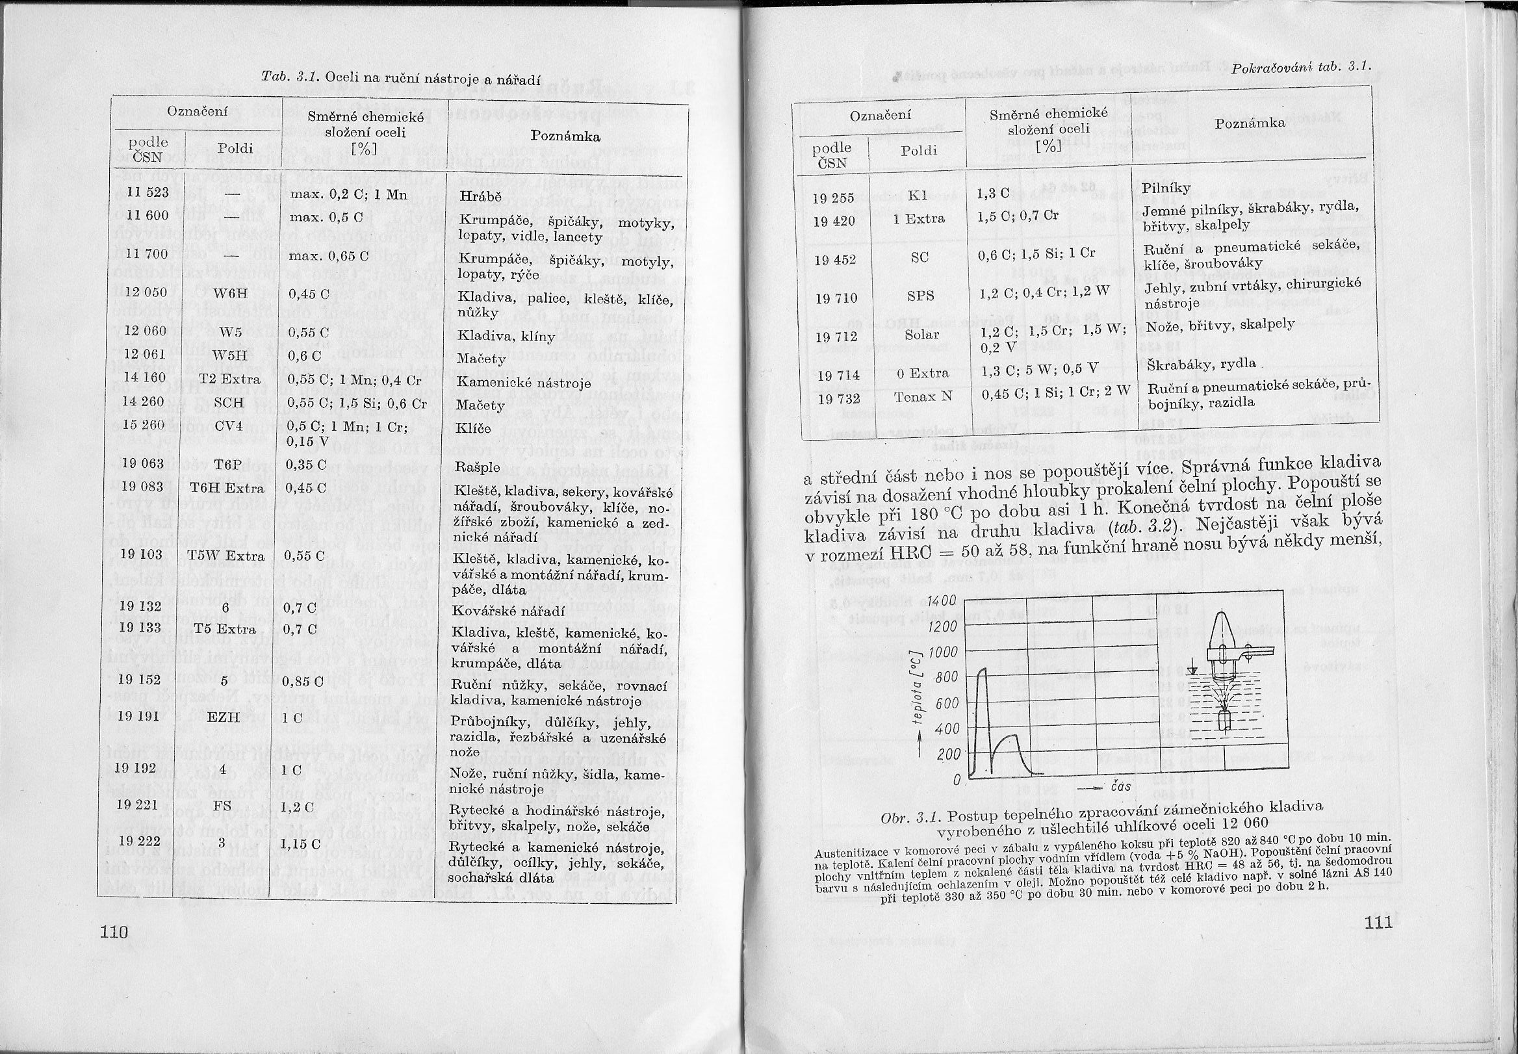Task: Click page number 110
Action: [113, 931]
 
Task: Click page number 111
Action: [1376, 920]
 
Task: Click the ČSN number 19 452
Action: [835, 259]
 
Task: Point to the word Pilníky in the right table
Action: [1166, 188]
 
